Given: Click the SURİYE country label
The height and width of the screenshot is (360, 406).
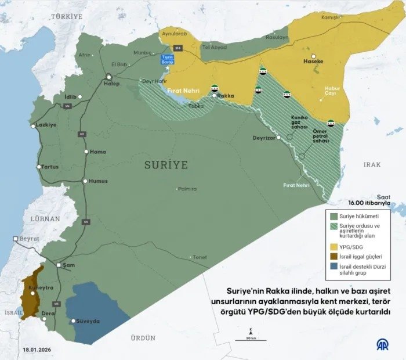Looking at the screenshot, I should click(x=166, y=165).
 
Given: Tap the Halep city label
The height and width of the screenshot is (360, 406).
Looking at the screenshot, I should click(x=111, y=84).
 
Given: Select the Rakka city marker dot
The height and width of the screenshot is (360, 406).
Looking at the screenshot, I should click(x=214, y=96).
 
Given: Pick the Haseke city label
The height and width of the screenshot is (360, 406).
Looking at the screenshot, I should click(x=313, y=60).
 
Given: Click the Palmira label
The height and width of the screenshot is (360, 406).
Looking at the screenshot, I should click(x=187, y=189).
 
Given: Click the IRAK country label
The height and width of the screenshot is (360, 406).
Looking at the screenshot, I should click(x=372, y=164).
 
